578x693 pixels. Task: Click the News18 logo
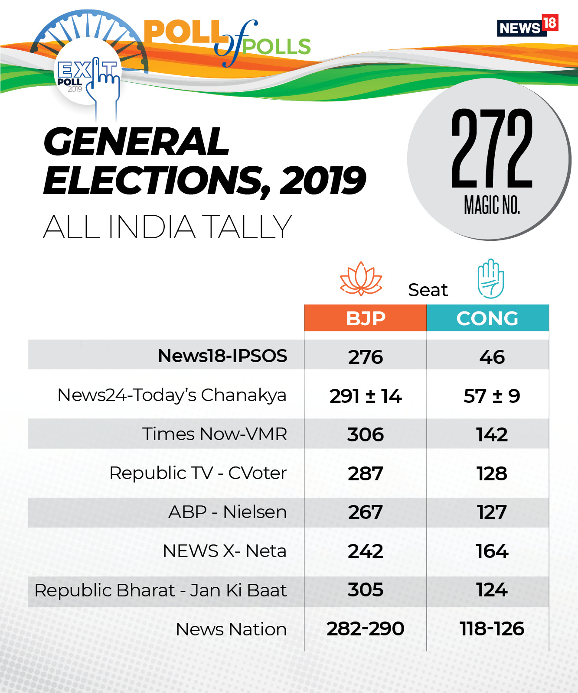[x=527, y=26]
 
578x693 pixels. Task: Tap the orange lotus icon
[x=361, y=279]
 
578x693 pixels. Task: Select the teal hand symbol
[x=490, y=279]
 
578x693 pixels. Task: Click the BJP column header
[x=366, y=318]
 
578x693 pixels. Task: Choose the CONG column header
[x=487, y=318]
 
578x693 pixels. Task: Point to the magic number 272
[x=492, y=149]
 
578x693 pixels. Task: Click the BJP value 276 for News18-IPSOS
[x=366, y=357]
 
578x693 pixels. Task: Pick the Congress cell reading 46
[x=492, y=357]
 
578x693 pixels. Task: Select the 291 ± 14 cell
[x=366, y=396]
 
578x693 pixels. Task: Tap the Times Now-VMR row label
[x=215, y=434]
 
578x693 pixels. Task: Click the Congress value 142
[x=492, y=434]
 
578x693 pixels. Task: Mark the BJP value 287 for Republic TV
[x=366, y=473]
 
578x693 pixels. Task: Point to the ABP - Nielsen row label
[x=227, y=512]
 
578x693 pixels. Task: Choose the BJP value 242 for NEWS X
[x=366, y=551]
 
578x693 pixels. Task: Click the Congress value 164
[x=492, y=551]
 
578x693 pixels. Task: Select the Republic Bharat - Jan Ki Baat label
[x=160, y=590]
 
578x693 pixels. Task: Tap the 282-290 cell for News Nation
[x=366, y=629]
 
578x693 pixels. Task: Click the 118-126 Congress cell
[x=492, y=629]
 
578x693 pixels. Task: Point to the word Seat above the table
[x=428, y=290]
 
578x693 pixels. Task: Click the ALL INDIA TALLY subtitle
[x=167, y=227]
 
